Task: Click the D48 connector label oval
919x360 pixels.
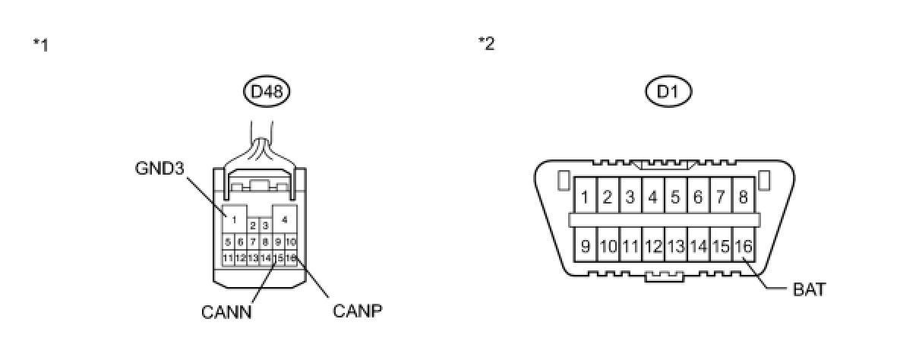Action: (x=267, y=93)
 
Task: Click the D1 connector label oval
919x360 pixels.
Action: (x=668, y=93)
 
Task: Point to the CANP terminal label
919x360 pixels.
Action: (x=357, y=311)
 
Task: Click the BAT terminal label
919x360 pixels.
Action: (x=809, y=289)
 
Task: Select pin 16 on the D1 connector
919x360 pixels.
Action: (x=743, y=246)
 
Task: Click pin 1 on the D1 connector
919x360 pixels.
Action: (x=585, y=198)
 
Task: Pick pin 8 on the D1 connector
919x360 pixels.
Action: (x=743, y=198)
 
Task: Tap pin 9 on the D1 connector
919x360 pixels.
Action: (x=585, y=246)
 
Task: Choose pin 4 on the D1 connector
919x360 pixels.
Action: (x=652, y=198)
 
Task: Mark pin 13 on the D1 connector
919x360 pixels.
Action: (x=675, y=246)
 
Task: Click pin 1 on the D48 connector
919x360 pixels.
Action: (x=235, y=219)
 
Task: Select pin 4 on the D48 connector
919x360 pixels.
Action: (x=284, y=219)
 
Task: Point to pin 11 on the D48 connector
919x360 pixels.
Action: (x=227, y=258)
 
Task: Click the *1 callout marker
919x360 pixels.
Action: (x=40, y=45)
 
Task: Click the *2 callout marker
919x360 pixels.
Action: (x=486, y=43)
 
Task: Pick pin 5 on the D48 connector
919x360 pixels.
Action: (x=227, y=242)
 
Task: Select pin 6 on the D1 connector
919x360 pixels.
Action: (x=698, y=198)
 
